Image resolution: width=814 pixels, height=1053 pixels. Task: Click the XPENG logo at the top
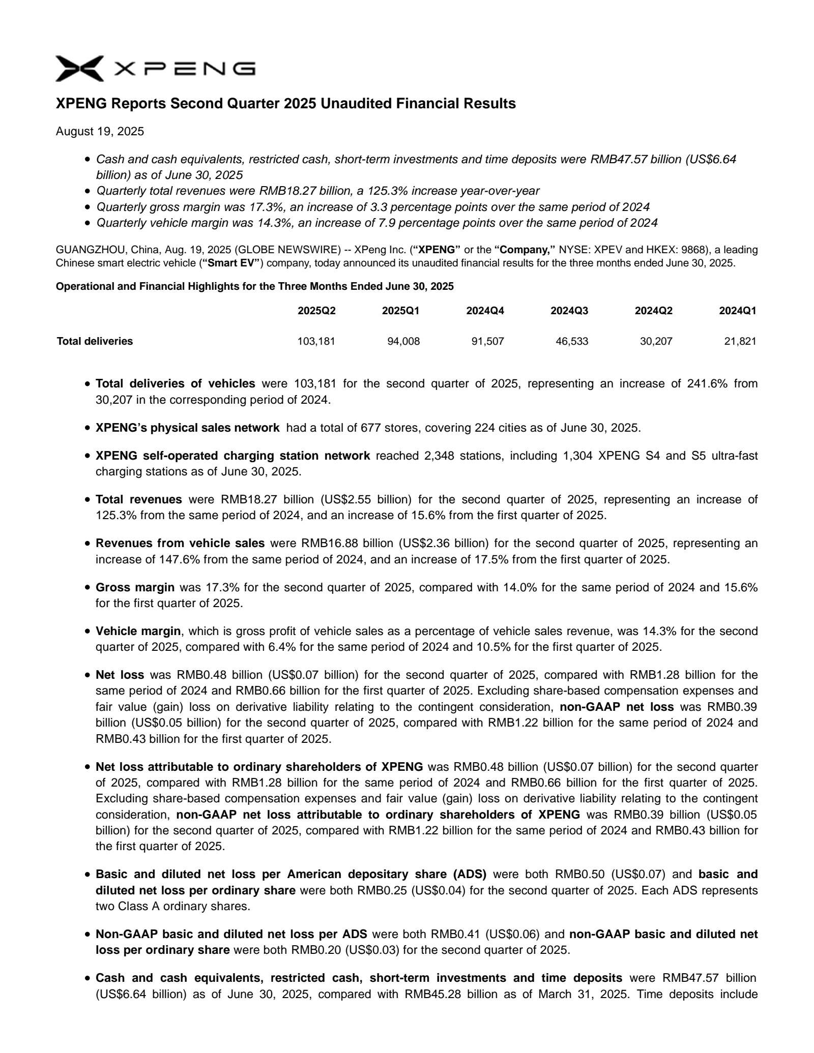pyautogui.click(x=155, y=69)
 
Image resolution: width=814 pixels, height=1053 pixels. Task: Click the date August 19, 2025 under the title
pyautogui.click(x=100, y=132)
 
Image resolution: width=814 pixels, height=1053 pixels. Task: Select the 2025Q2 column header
pyautogui.click(x=316, y=311)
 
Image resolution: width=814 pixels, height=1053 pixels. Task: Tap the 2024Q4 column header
pyautogui.click(x=485, y=311)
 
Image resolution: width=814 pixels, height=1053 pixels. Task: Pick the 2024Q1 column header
pyautogui.click(x=737, y=311)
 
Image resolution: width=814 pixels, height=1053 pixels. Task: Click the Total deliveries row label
pyautogui.click(x=95, y=341)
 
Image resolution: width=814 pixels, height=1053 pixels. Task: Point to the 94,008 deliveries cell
pyautogui.click(x=403, y=341)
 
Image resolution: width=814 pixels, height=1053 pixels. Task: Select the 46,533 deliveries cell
pyautogui.click(x=572, y=341)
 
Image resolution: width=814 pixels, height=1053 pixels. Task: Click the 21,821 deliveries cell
pyautogui.click(x=740, y=341)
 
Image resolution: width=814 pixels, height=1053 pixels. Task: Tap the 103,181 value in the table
pyautogui.click(x=316, y=341)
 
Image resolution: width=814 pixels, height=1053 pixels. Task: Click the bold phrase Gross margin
pyautogui.click(x=135, y=587)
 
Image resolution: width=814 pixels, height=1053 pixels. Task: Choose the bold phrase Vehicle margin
pyautogui.click(x=138, y=631)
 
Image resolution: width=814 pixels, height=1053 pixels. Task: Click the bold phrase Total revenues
pyautogui.click(x=138, y=499)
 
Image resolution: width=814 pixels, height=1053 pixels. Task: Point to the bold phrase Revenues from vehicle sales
pyautogui.click(x=180, y=543)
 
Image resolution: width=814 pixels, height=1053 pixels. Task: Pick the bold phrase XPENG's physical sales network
pyautogui.click(x=187, y=428)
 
